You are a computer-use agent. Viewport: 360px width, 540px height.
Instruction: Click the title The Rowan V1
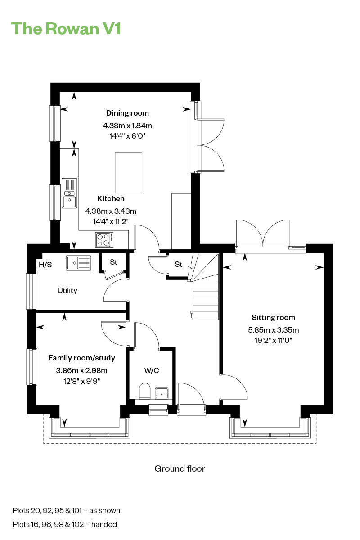coord(66,28)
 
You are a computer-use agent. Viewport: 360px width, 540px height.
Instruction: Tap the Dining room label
coord(127,113)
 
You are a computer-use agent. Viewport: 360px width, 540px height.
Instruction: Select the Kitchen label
coord(111,198)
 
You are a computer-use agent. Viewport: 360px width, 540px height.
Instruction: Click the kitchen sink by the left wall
coord(69,193)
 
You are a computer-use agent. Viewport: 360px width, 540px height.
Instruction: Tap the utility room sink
coord(78,263)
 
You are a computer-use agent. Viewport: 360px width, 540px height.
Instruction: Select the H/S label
coord(45,265)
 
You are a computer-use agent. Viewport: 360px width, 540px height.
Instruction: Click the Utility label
coord(67,290)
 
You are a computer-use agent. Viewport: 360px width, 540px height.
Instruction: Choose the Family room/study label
coord(82,358)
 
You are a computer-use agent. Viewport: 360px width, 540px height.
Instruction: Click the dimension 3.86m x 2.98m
coord(82,371)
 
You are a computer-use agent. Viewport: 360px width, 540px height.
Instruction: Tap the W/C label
coord(152,370)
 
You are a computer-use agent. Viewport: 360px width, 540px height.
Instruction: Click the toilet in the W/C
coord(144,391)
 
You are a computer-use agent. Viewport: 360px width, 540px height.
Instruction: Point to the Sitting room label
coord(273,317)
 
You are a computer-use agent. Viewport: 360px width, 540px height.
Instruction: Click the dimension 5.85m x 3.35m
coord(273,330)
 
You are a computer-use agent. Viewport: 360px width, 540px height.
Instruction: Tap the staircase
coord(205,288)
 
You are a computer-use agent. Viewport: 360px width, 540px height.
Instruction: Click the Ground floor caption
coord(180,468)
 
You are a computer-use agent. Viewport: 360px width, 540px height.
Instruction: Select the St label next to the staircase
coord(179,264)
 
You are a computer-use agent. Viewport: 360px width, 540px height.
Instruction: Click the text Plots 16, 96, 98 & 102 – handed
coord(65,524)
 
